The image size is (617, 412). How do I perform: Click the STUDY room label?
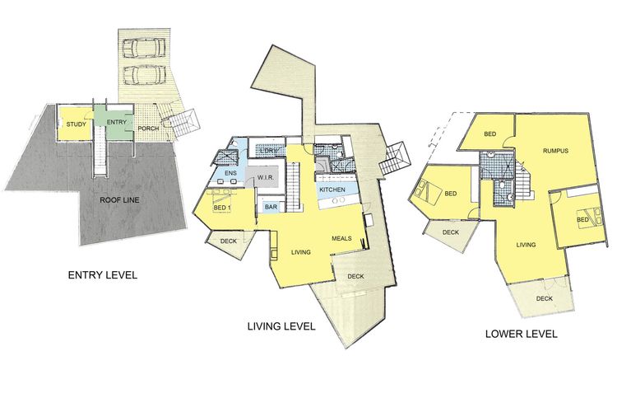tap(76, 124)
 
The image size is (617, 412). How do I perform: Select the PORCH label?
tap(149, 129)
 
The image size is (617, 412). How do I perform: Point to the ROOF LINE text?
tap(119, 200)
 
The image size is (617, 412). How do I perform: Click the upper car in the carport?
tap(144, 48)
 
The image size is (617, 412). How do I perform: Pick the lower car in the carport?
tap(144, 74)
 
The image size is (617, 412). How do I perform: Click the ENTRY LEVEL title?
tap(103, 274)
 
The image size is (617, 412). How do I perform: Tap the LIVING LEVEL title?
tap(281, 326)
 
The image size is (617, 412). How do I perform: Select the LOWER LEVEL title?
tap(522, 334)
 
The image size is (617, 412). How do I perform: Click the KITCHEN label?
tap(332, 190)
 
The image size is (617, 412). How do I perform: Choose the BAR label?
tap(271, 207)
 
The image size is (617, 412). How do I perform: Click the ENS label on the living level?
tap(230, 173)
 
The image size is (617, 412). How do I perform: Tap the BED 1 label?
tap(223, 208)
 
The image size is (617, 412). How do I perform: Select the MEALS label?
tap(341, 238)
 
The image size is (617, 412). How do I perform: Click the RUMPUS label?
tap(555, 151)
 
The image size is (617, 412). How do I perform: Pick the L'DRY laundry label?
tap(269, 151)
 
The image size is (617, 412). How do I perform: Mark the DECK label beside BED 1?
tap(229, 241)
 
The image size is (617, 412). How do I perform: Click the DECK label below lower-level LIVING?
tap(545, 298)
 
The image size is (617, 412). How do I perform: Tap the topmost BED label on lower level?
tap(490, 134)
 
